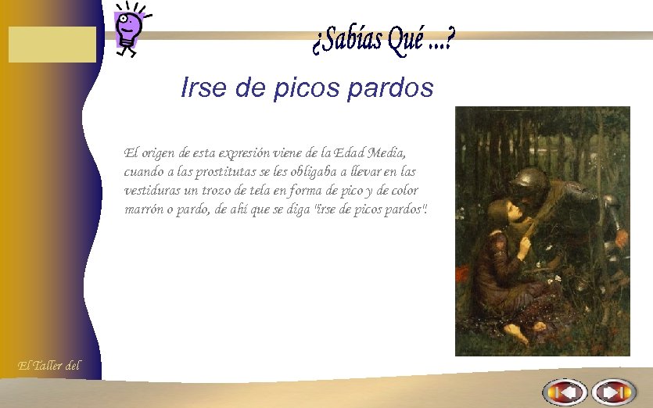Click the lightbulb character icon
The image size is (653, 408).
coord(128,28)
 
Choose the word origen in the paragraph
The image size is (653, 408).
coord(160,152)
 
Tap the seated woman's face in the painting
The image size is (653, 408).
coord(501,215)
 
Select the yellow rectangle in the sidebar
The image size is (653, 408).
coord(52,44)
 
